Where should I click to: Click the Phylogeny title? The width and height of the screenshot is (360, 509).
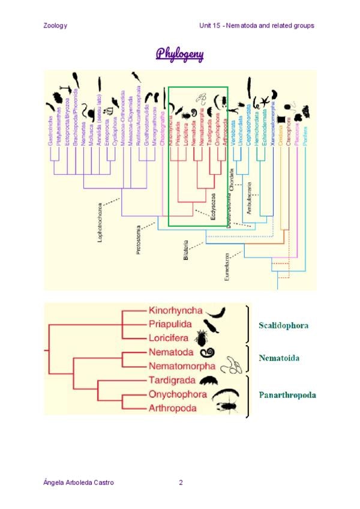180,54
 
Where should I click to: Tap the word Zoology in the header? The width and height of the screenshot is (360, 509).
55,25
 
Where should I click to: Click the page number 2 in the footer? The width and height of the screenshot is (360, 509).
181,482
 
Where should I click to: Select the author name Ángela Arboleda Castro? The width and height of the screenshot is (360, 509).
79,482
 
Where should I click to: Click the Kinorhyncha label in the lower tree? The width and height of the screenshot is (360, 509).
176,311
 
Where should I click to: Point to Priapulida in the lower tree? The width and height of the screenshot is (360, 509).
170,324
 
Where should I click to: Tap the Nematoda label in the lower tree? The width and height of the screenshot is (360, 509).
170,353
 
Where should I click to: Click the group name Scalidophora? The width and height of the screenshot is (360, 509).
284,326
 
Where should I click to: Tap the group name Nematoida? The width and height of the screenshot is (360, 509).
279,358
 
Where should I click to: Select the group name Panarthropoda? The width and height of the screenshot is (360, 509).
287,395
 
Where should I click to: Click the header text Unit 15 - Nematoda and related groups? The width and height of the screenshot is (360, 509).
257,25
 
